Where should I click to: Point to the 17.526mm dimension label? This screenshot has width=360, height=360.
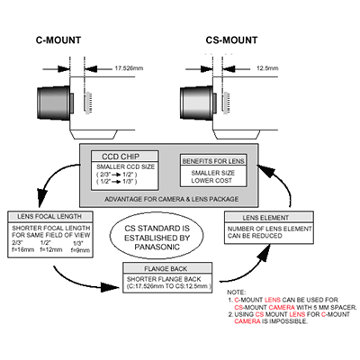[x=130, y=67]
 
